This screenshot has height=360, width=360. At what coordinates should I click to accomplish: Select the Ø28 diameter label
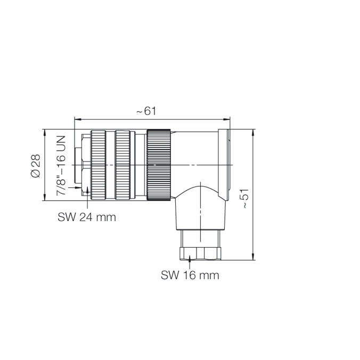pyautogui.click(x=35, y=165)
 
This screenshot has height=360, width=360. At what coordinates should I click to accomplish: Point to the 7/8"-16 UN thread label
pyautogui.click(x=61, y=165)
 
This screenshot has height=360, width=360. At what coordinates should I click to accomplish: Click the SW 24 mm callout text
pyautogui.click(x=86, y=217)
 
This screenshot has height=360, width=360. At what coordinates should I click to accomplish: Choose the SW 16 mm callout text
pyautogui.click(x=190, y=275)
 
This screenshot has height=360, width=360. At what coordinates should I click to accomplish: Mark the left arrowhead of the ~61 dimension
pyautogui.click(x=76, y=119)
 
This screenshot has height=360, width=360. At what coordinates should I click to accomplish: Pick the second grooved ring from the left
pyautogui.click(x=123, y=165)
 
